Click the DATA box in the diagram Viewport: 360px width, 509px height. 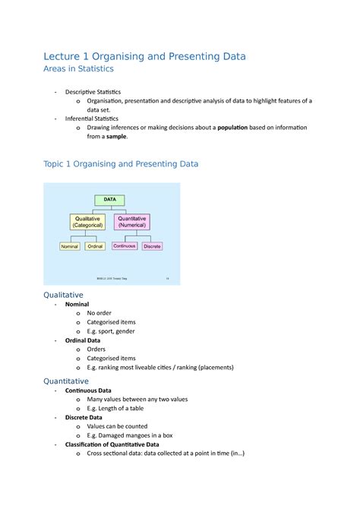click(111, 200)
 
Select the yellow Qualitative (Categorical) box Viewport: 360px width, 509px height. click(90, 221)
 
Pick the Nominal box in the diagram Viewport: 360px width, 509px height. click(69, 247)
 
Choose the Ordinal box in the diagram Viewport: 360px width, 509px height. click(95, 247)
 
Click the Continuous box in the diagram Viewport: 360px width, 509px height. click(124, 246)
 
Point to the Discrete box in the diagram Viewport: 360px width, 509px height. click(152, 246)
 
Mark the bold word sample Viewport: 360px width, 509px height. click(116, 137)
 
